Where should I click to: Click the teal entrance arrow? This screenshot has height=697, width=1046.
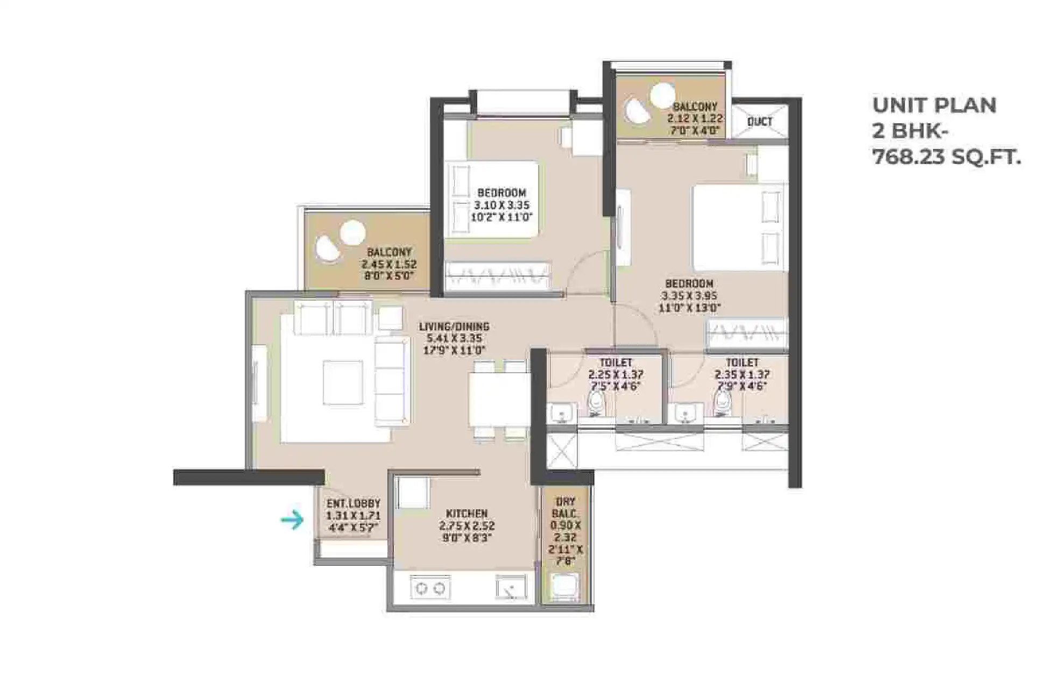(292, 520)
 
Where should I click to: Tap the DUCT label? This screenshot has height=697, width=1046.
(760, 122)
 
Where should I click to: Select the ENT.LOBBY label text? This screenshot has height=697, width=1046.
(353, 503)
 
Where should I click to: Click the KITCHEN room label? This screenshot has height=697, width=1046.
(467, 514)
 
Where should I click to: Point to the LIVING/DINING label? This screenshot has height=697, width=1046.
(454, 326)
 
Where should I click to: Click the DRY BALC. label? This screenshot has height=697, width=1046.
(566, 507)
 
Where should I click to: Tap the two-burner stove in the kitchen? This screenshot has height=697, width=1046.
(430, 588)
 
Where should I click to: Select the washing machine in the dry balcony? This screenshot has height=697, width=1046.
(565, 587)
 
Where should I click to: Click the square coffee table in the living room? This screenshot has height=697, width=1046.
(343, 382)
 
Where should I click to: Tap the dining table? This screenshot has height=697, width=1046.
(499, 399)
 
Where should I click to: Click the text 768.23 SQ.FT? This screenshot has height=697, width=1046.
(946, 158)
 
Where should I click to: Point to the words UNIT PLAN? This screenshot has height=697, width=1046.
(934, 105)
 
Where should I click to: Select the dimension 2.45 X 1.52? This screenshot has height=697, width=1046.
(389, 264)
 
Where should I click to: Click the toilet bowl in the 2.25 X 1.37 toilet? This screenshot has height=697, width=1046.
(595, 403)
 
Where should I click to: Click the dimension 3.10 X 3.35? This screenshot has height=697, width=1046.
(501, 205)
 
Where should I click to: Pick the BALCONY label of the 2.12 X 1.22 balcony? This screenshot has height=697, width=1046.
(695, 107)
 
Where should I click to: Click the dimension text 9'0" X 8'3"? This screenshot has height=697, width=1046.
(467, 537)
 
